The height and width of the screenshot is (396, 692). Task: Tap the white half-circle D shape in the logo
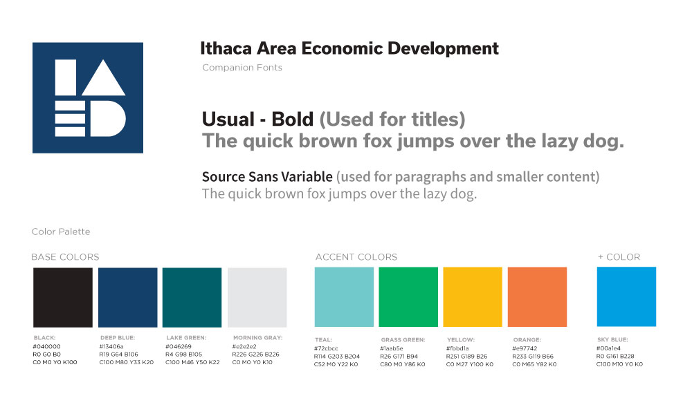pyautogui.click(x=108, y=119)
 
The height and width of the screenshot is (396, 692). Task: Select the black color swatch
pyautogui.click(x=63, y=297)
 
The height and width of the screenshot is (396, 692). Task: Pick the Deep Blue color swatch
pyautogui.click(x=127, y=297)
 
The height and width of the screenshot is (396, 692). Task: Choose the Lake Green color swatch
pyautogui.click(x=192, y=297)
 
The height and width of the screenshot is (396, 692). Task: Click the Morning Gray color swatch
pyautogui.click(x=257, y=297)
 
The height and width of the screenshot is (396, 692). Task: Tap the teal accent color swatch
pyautogui.click(x=344, y=296)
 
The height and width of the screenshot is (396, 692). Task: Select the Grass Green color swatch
pyautogui.click(x=408, y=296)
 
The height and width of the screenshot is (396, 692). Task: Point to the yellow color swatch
pyautogui.click(x=473, y=296)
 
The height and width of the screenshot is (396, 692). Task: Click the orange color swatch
pyautogui.click(x=537, y=296)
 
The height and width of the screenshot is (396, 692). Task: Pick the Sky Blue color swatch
pyautogui.click(x=626, y=296)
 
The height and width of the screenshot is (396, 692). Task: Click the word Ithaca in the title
pyautogui.click(x=226, y=48)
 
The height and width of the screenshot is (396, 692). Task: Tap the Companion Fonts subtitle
pyautogui.click(x=242, y=68)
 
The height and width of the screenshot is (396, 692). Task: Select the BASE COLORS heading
pyautogui.click(x=65, y=257)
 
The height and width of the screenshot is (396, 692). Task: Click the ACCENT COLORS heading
pyautogui.click(x=356, y=257)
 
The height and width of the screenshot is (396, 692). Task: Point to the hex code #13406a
pyautogui.click(x=111, y=347)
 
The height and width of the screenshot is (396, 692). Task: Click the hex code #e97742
pyautogui.click(x=525, y=348)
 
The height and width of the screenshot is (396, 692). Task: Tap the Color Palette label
pyautogui.click(x=61, y=232)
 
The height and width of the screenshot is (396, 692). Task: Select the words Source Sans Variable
pyautogui.click(x=267, y=177)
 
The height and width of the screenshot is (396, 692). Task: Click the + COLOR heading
pyautogui.click(x=619, y=257)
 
